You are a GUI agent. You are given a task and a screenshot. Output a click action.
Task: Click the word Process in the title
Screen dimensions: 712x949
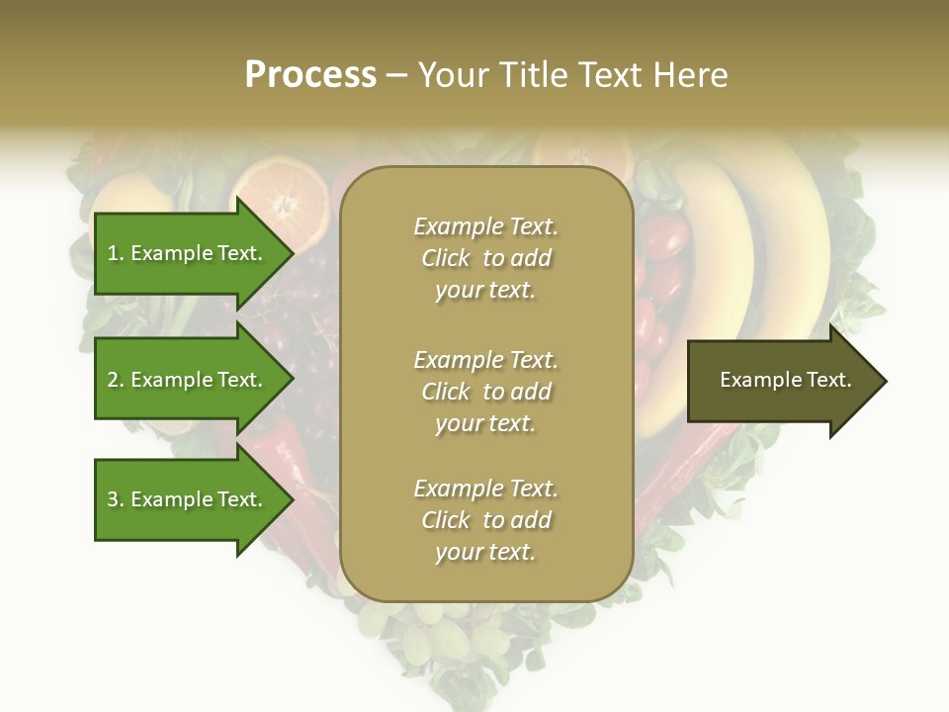310,75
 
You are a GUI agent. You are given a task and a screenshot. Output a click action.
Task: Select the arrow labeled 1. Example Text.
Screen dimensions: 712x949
185,253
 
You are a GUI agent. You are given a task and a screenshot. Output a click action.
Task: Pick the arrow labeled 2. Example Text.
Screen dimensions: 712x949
185,380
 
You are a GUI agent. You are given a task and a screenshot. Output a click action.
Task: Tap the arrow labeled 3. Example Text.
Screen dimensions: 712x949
185,499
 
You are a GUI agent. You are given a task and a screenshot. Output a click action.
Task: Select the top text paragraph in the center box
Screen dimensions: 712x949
485,258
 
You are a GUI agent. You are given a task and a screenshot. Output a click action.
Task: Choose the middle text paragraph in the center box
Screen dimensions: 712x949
485,392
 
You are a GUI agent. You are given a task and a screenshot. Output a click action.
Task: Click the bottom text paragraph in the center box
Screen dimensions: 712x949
485,520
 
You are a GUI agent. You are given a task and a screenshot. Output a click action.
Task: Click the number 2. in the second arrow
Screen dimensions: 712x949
116,380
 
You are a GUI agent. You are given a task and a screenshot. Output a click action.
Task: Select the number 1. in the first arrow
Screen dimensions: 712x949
115,253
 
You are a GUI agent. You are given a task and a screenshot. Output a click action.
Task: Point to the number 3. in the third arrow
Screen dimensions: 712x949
116,499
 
